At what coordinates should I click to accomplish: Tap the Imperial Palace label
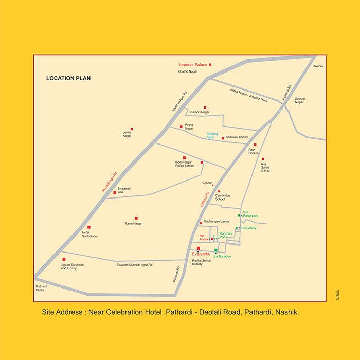click(x=192, y=65)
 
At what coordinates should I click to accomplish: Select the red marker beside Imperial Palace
click(x=210, y=64)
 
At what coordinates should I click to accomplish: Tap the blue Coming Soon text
click(x=206, y=135)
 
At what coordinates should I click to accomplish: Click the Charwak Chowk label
click(x=237, y=138)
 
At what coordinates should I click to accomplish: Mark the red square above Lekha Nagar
click(x=131, y=128)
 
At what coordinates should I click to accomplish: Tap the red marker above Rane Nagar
click(x=136, y=218)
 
